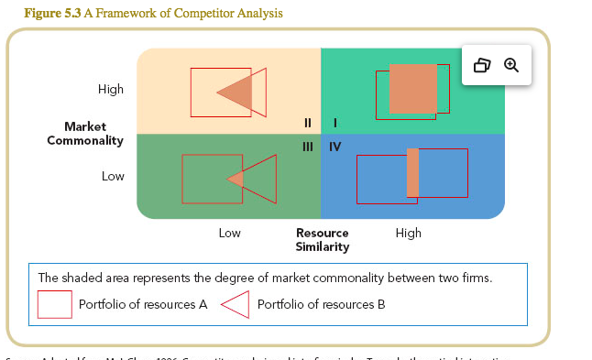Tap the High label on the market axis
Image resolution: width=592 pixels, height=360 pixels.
click(111, 89)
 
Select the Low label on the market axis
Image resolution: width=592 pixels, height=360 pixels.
click(113, 176)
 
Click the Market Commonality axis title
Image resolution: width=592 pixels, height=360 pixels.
click(85, 134)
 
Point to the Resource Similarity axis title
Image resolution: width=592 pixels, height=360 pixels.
click(323, 240)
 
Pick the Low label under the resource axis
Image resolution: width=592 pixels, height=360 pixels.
click(230, 233)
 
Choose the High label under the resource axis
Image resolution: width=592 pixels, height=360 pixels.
click(409, 233)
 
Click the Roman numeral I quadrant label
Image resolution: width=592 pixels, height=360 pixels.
click(335, 122)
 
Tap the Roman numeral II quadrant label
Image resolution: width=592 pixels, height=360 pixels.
click(308, 122)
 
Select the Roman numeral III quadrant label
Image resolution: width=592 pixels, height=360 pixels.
click(308, 147)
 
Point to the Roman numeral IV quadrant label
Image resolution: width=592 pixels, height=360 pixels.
click(335, 147)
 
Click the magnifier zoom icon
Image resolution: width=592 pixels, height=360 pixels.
click(511, 65)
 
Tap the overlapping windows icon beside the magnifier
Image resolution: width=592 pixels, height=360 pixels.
click(482, 65)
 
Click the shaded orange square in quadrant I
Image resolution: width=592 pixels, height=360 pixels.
click(413, 88)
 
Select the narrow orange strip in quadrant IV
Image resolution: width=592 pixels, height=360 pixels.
click(412, 172)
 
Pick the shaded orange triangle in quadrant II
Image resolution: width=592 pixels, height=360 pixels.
click(237, 92)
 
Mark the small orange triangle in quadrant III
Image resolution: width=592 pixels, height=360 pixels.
click(236, 179)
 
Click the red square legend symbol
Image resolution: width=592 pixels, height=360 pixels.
click(54, 304)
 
